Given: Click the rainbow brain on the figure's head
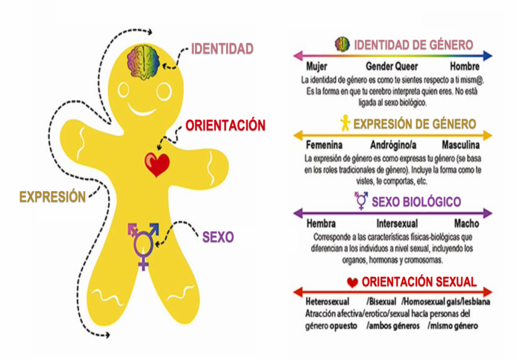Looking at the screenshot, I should click(x=143, y=61).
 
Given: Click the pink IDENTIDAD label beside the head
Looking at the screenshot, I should click(x=222, y=49).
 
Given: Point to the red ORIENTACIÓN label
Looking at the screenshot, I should click(x=225, y=126).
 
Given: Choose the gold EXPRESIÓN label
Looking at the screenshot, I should click(x=53, y=197).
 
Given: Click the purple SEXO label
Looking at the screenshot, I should click(x=218, y=237).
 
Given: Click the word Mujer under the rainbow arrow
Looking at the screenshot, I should click(x=317, y=67).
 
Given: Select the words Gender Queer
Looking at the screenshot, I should click(x=392, y=67).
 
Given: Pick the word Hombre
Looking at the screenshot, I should click(x=464, y=67).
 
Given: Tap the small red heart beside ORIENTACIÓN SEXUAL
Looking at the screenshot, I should click(x=352, y=282).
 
